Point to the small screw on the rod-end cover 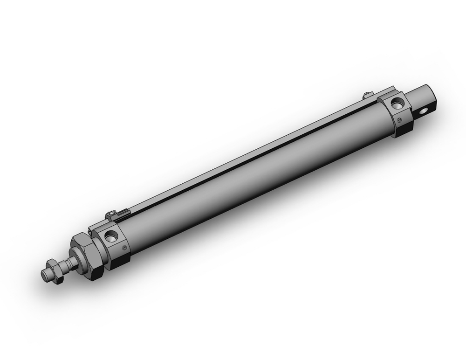(124, 248)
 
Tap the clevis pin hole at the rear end (425, 111)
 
